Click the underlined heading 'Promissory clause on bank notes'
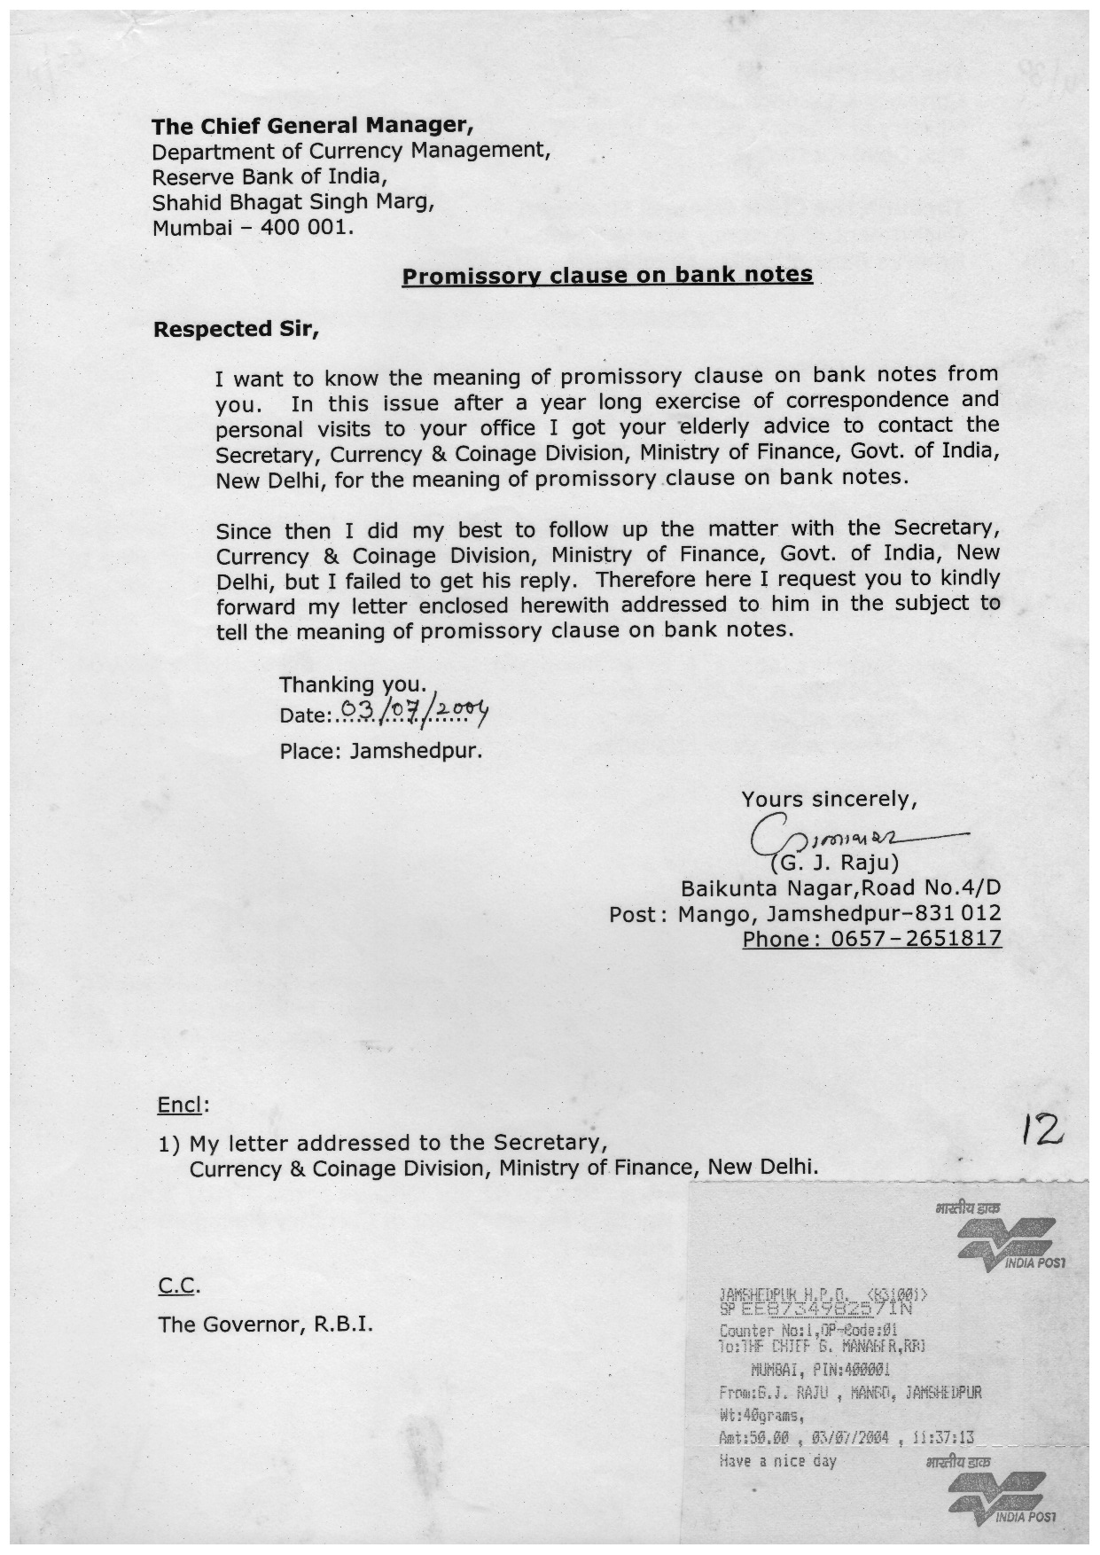click(607, 276)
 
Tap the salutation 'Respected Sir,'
click(235, 330)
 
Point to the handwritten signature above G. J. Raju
click(851, 834)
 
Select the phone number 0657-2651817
click(872, 939)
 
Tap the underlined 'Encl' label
click(180, 1105)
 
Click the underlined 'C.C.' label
click(178, 1285)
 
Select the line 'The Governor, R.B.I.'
click(265, 1324)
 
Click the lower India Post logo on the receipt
click(1001, 1498)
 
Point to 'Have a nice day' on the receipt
click(777, 1461)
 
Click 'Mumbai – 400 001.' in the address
click(253, 227)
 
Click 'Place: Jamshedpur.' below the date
click(381, 752)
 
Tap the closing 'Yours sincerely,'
click(829, 800)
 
